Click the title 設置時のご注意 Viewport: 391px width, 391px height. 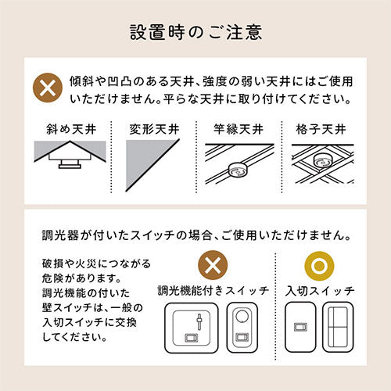click(195, 32)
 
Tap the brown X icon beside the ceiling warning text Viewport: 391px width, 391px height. click(48, 88)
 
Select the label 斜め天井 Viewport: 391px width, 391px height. click(71, 129)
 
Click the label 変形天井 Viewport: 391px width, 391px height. click(154, 129)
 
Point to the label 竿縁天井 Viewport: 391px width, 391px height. click(239, 129)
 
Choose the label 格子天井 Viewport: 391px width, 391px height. click(321, 129)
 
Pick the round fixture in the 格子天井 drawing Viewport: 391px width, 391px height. click(322, 160)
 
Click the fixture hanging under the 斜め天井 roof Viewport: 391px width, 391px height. click(70, 164)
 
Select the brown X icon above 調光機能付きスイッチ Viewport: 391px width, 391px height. click(213, 265)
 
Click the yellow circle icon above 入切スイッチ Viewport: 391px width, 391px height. click(319, 266)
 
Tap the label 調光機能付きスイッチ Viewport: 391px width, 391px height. click(213, 291)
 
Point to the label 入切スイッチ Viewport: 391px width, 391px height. click(320, 291)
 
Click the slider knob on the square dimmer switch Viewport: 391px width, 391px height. click(199, 320)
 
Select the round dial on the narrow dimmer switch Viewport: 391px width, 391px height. click(242, 316)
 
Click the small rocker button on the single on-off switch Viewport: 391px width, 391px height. click(300, 327)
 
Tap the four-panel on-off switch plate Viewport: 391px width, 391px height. click(338, 327)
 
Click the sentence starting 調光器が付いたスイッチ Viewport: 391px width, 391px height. click(196, 235)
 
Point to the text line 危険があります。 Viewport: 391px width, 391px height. click(81, 278)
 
